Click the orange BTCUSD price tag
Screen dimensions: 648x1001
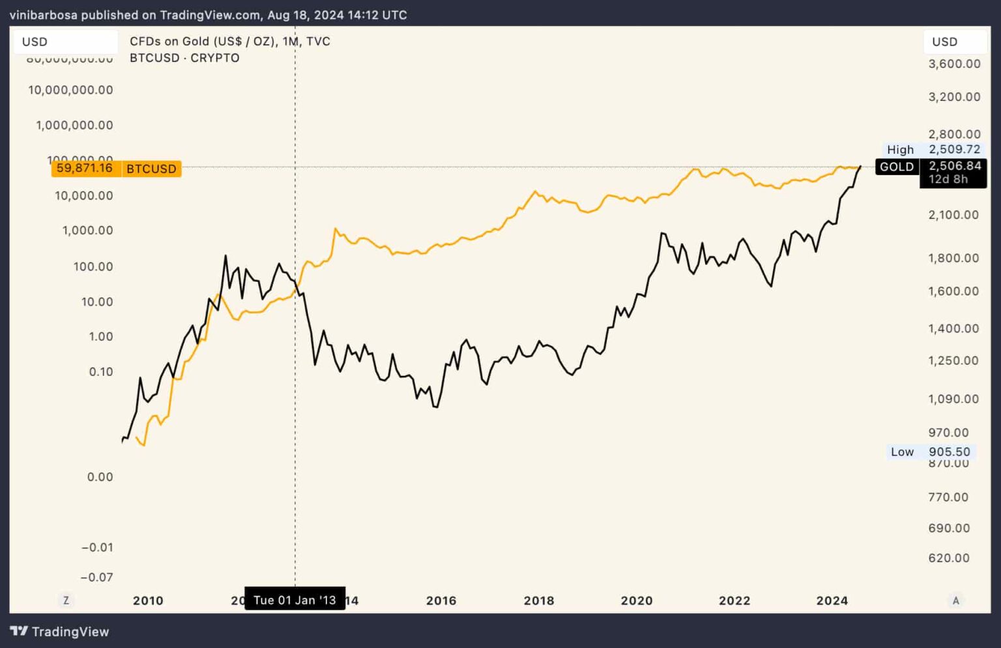pyautogui.click(x=116, y=169)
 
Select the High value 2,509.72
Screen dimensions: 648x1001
pyautogui.click(x=954, y=149)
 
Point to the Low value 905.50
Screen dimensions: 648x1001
pyautogui.click(x=949, y=451)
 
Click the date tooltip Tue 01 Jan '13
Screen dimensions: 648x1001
pyautogui.click(x=295, y=600)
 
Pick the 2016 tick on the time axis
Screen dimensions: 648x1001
pyautogui.click(x=441, y=600)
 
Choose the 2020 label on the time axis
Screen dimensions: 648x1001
pyautogui.click(x=637, y=600)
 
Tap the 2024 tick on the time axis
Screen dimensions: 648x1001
pyautogui.click(x=832, y=600)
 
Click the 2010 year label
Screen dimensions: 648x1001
pyautogui.click(x=148, y=600)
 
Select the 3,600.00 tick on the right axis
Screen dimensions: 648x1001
pyautogui.click(x=954, y=64)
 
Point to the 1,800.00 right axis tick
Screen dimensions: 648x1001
pyautogui.click(x=953, y=258)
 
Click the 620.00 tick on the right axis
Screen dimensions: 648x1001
pyautogui.click(x=949, y=557)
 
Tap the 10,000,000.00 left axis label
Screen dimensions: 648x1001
pyautogui.click(x=70, y=90)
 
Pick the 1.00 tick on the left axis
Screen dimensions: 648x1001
pyautogui.click(x=101, y=336)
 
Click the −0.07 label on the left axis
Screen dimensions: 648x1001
pyautogui.click(x=96, y=577)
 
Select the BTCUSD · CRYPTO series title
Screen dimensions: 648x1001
pyautogui.click(x=184, y=58)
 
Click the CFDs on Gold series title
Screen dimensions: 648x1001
pyautogui.click(x=230, y=41)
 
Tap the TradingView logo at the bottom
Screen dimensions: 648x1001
pyautogui.click(x=60, y=631)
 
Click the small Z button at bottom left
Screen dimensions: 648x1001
pyautogui.click(x=66, y=600)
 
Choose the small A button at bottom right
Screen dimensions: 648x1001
pyautogui.click(x=955, y=600)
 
